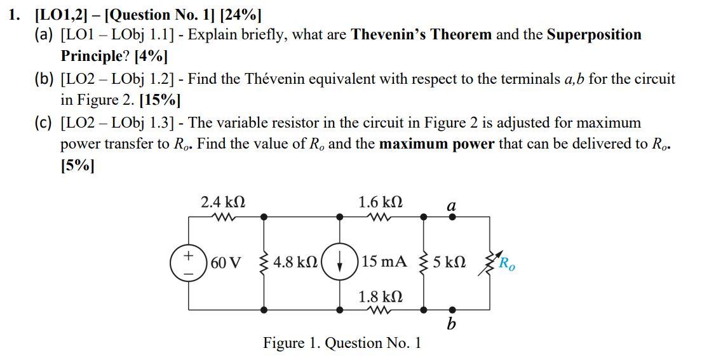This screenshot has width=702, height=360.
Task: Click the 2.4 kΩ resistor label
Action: [x=222, y=203]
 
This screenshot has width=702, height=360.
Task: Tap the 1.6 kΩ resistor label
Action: [x=380, y=203]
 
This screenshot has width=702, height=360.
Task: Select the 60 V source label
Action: [x=226, y=262]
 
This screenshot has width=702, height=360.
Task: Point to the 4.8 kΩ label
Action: [x=296, y=262]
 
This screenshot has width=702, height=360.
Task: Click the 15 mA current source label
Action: [x=384, y=262]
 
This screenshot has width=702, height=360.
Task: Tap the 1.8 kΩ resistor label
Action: [x=380, y=297]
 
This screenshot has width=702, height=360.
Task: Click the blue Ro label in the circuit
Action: [x=507, y=263]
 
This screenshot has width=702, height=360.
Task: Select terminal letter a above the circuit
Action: [x=452, y=205]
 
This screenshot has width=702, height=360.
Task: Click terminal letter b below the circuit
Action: [x=451, y=324]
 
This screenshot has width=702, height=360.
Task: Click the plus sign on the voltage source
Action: [x=189, y=255]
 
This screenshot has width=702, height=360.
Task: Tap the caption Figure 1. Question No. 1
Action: [x=342, y=343]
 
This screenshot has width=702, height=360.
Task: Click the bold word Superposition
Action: [x=594, y=34]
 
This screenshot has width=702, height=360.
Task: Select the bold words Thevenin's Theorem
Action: [x=422, y=34]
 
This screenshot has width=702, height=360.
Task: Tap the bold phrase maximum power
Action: [x=436, y=143]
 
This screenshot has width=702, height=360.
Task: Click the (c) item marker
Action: [x=44, y=123]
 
